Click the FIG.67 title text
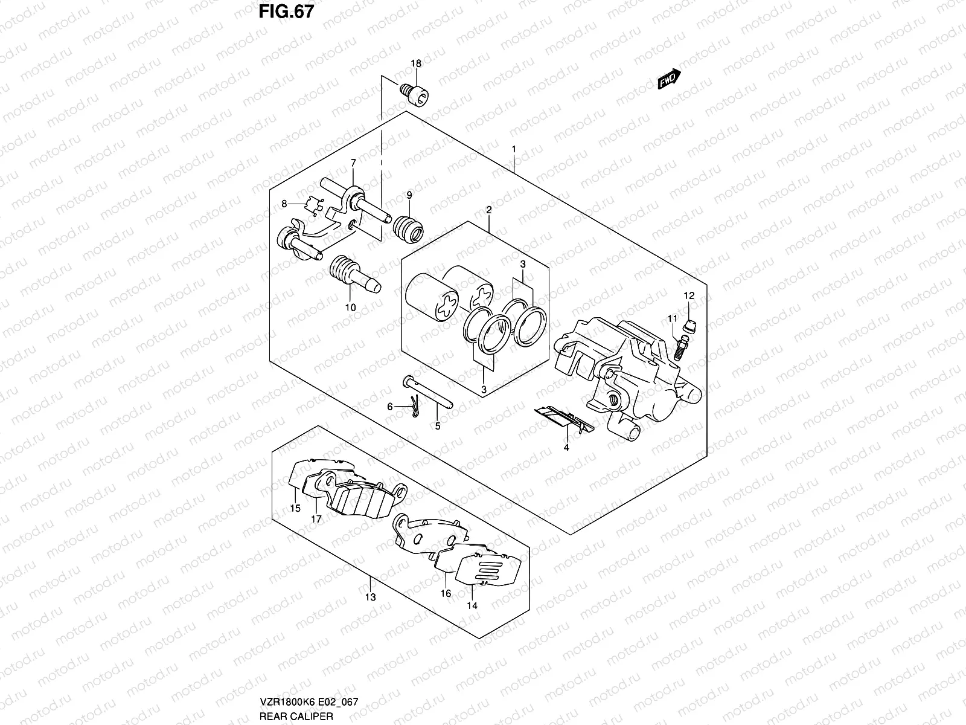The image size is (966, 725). [286, 11]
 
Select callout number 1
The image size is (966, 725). [514, 149]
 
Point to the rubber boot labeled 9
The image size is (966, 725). [408, 229]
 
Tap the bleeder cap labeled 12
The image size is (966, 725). [689, 327]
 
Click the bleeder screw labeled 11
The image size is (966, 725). [680, 347]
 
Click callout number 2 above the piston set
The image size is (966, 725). [489, 210]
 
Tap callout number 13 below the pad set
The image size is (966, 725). [371, 597]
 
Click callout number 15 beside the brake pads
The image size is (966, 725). [295, 508]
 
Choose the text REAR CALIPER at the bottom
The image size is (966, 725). [296, 716]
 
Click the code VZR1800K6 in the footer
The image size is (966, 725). [285, 701]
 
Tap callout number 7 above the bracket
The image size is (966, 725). [353, 163]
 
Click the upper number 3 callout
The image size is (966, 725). [522, 264]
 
